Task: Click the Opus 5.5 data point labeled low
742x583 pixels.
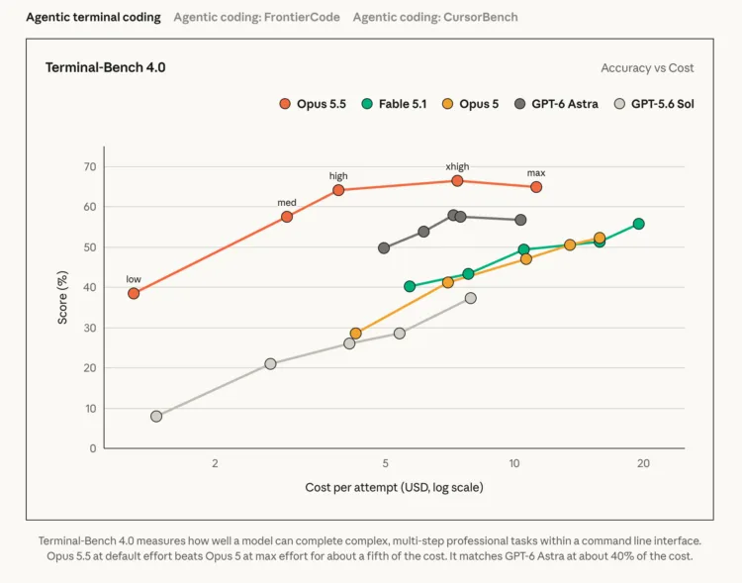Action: pos(134,293)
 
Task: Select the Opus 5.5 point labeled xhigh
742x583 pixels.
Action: pos(457,180)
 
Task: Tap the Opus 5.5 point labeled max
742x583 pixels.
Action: pos(536,187)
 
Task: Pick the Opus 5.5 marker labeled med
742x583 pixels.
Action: pos(287,217)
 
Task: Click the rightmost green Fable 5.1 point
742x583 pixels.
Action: pos(638,224)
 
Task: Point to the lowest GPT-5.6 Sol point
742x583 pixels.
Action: pos(156,417)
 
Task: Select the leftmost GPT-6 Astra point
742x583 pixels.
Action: pos(384,247)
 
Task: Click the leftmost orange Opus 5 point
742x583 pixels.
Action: pos(355,334)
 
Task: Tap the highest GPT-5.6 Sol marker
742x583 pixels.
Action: pos(470,298)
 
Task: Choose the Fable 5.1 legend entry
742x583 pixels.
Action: pos(394,104)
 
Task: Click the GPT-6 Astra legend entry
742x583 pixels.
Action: pos(556,104)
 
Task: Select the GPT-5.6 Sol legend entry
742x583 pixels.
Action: pos(654,104)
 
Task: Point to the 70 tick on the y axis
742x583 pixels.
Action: pos(90,166)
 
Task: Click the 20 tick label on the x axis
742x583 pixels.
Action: pos(643,463)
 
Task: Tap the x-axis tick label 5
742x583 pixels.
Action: pos(386,463)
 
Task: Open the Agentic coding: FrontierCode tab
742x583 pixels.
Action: pos(256,17)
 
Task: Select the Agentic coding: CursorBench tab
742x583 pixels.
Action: pos(435,17)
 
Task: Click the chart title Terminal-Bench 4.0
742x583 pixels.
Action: pos(106,67)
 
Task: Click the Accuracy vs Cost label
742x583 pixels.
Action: pos(647,67)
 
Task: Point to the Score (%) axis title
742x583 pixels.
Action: pos(62,297)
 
